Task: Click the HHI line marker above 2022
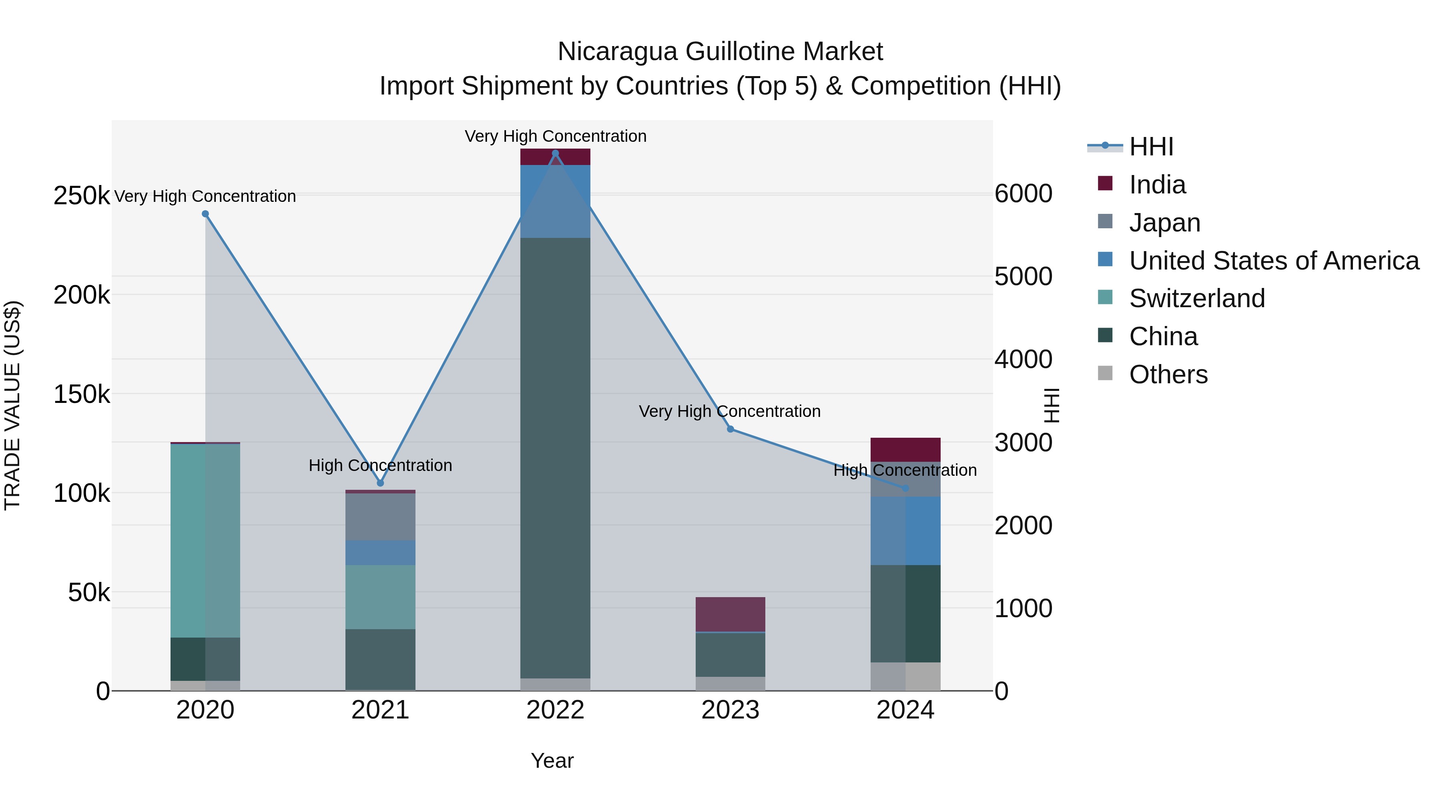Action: (x=555, y=153)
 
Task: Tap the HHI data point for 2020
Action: (x=205, y=214)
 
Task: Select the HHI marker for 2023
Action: (x=730, y=429)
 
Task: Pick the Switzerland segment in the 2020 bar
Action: (x=205, y=540)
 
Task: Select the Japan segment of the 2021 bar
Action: (x=380, y=517)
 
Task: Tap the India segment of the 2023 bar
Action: (x=730, y=614)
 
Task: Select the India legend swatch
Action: (x=1105, y=183)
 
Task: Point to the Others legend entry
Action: (x=1168, y=374)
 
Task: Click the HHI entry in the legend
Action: (x=1151, y=147)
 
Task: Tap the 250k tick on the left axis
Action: (x=82, y=196)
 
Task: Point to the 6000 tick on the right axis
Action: (x=1023, y=194)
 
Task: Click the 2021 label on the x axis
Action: (x=380, y=710)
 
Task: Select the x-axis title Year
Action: (x=552, y=761)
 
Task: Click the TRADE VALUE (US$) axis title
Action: (x=13, y=405)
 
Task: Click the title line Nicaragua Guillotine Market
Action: (x=720, y=52)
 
